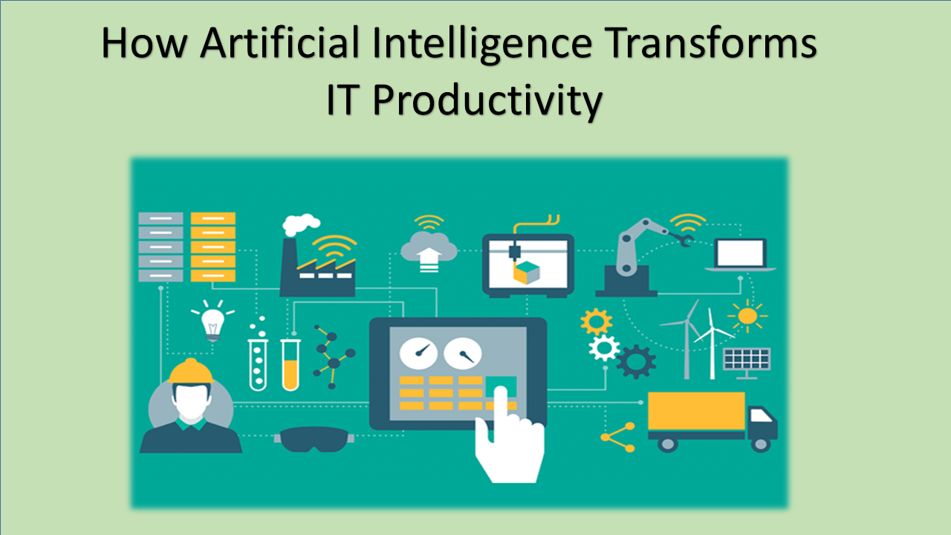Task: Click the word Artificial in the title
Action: (280, 42)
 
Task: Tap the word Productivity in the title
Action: (487, 100)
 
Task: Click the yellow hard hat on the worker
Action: (191, 371)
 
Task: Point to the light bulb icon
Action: (212, 322)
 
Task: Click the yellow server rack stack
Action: (213, 247)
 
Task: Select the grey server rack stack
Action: (161, 247)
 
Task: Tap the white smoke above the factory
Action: (301, 224)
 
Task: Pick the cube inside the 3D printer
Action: (527, 273)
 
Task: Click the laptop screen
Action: (741, 253)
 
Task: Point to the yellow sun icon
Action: (747, 317)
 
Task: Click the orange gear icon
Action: (597, 322)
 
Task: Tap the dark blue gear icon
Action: (636, 362)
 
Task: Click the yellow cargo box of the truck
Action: (696, 411)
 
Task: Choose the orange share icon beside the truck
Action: (617, 437)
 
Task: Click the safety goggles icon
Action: (314, 439)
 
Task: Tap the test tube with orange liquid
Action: (291, 365)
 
